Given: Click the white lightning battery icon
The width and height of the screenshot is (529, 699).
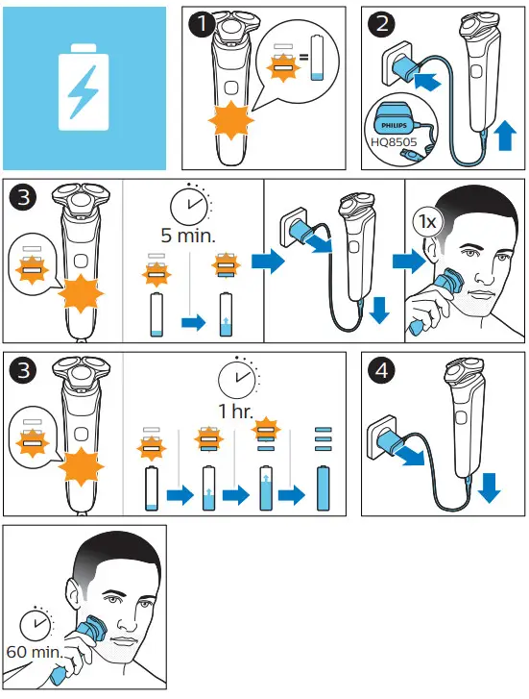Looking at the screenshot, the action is (x=84, y=87).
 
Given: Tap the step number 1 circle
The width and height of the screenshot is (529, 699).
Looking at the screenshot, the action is (x=202, y=24).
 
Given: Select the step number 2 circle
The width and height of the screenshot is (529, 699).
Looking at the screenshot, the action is (x=381, y=24).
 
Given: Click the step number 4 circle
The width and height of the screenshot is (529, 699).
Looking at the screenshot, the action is (x=381, y=370).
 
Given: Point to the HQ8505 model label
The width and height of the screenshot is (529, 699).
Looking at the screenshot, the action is (x=394, y=142).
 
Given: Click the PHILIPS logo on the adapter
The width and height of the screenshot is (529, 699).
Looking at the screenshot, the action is (x=394, y=126).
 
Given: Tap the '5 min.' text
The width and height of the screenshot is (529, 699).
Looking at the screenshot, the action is (x=188, y=236).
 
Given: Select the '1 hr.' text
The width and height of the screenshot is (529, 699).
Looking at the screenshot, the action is (x=235, y=411).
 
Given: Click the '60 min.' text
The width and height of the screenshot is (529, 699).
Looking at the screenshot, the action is (x=34, y=652).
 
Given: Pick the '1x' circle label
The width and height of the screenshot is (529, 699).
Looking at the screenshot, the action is (x=428, y=221).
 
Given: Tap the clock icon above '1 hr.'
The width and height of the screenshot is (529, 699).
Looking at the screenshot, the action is (x=237, y=379).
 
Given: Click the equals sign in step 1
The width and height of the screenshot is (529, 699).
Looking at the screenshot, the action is (x=303, y=57).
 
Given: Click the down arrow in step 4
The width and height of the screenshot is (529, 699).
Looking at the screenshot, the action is (x=489, y=487).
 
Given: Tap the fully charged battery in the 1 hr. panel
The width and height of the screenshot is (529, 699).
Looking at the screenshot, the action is (x=323, y=488).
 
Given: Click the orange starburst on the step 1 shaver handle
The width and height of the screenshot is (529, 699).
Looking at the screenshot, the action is (x=231, y=120).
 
